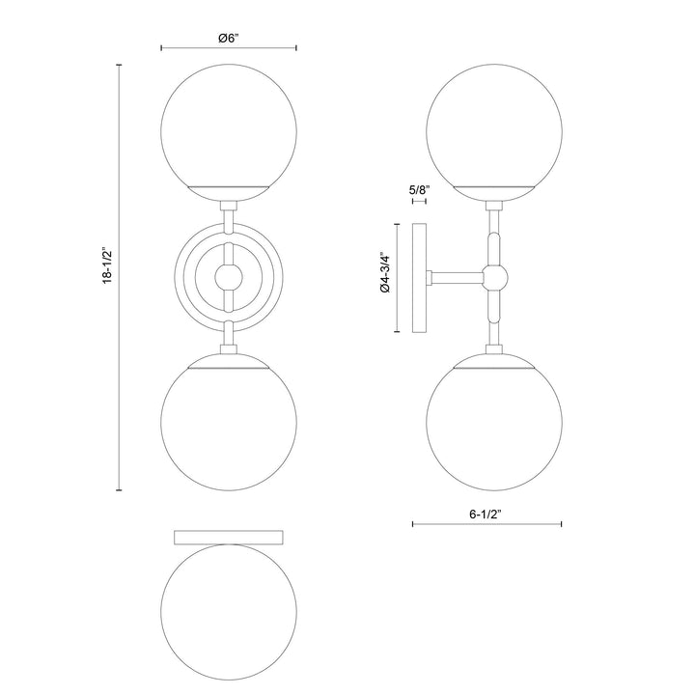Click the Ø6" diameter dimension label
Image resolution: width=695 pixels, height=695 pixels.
coord(229,38)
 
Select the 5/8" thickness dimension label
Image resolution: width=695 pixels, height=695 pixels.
coord(419,190)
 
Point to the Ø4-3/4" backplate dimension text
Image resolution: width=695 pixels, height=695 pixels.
coord(383,276)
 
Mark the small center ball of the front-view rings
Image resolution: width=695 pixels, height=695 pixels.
coord(229,276)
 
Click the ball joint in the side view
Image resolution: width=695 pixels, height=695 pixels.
coord(495,277)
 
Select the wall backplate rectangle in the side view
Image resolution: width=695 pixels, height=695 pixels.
coord(421,277)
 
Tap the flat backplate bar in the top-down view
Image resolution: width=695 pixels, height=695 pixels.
coord(229,536)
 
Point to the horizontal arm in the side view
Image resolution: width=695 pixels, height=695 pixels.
coord(459,277)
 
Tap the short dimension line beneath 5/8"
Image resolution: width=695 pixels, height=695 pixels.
coord(419,204)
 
